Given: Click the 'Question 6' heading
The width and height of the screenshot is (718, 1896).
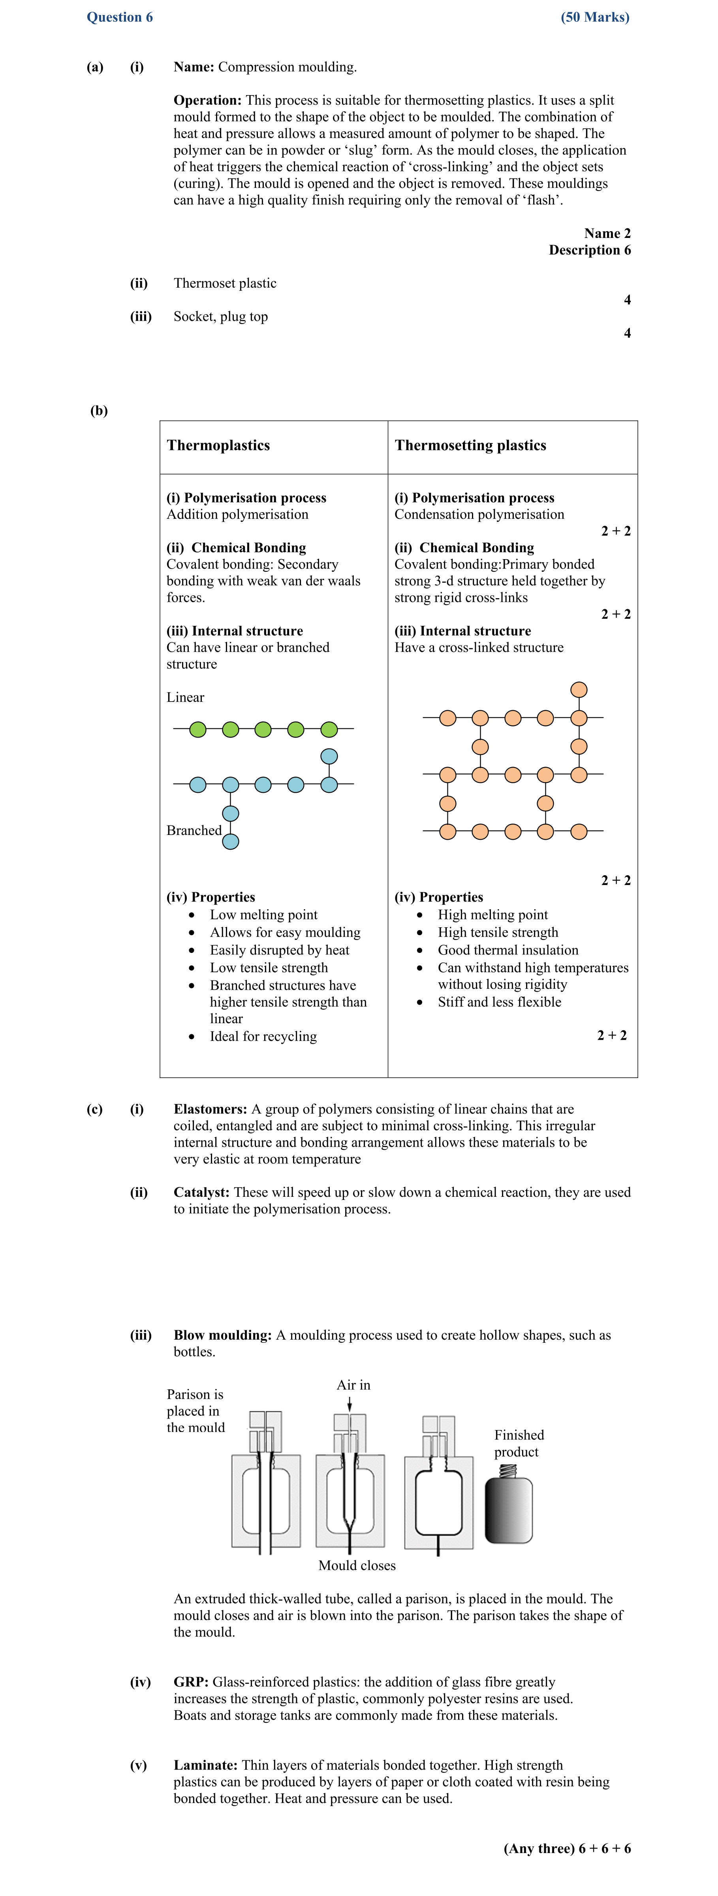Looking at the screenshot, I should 119,17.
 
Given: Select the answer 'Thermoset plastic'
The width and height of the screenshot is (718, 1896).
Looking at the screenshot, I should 225,283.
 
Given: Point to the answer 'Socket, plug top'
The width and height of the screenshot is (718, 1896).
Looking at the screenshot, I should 220,316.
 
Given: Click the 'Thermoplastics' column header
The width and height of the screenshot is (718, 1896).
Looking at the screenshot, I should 218,445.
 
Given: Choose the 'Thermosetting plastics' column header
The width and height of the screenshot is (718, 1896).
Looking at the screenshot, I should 470,445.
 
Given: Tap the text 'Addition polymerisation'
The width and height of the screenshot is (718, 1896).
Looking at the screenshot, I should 237,515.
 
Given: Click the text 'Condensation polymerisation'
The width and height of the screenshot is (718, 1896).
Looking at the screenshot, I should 479,515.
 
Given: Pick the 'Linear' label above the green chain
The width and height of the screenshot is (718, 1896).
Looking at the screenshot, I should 185,697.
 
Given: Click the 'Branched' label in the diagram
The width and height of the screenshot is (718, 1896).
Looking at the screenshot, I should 194,830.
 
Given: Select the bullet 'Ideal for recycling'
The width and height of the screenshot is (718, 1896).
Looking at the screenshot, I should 263,1036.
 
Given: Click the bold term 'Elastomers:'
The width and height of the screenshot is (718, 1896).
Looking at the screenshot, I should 210,1109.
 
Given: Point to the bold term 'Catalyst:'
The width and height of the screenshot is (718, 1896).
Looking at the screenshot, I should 201,1192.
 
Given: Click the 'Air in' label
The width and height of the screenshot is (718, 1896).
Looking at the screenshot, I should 353,1385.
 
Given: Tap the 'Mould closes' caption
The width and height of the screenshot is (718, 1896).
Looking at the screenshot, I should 356,1565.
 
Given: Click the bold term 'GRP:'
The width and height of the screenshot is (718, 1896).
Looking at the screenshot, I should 191,1682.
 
